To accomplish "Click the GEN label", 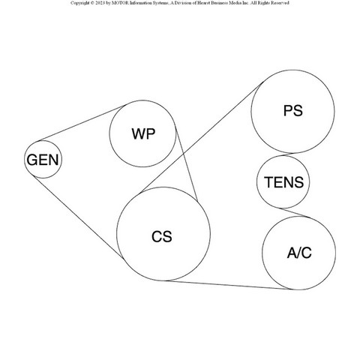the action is [x=43, y=160].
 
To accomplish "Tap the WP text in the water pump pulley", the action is [x=143, y=133].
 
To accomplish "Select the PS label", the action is [x=293, y=110].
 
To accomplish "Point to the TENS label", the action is [x=284, y=182].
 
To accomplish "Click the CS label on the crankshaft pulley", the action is [x=162, y=236].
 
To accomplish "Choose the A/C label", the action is [x=299, y=253].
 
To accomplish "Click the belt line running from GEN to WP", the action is [x=80, y=123].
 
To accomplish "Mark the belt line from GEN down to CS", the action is [x=78, y=217].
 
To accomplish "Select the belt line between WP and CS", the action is [x=186, y=163].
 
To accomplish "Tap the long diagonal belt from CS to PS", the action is [x=202, y=137].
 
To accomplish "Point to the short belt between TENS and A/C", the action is [x=295, y=212].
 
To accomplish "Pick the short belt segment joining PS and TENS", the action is [x=287, y=154].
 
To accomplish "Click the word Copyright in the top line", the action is [x=79, y=3].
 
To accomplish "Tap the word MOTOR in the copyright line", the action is [x=120, y=3].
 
